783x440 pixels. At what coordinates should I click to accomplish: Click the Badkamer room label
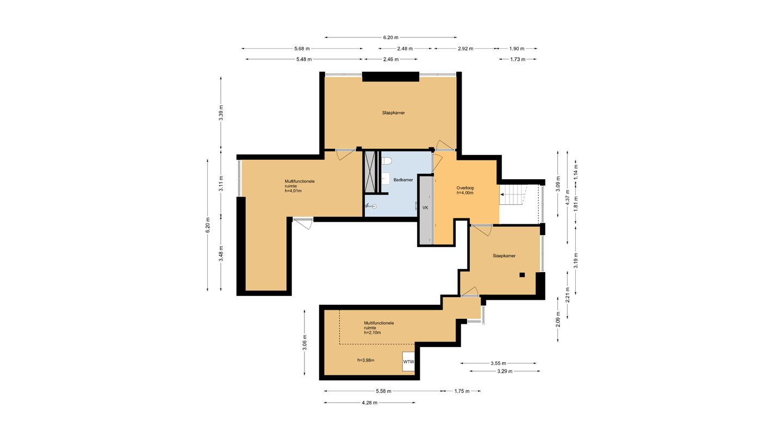tap(403, 180)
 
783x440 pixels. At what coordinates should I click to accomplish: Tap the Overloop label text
tap(465, 188)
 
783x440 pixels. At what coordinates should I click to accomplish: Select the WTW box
tap(408, 361)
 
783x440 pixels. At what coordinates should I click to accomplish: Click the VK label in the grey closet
tap(425, 208)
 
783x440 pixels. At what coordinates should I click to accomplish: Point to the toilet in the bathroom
tap(386, 161)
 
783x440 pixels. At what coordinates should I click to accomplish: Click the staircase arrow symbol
tap(502, 194)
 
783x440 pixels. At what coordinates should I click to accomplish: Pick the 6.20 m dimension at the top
tap(390, 37)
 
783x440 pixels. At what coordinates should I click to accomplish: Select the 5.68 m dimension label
tap(302, 48)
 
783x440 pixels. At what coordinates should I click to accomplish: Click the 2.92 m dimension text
tap(465, 48)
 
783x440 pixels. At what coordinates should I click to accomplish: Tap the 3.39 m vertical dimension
tap(221, 113)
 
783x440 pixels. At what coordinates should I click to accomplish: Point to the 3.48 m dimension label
tap(221, 254)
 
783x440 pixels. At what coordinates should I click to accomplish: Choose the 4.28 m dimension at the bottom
tap(370, 403)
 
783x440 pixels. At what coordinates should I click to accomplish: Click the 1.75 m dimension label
tap(462, 391)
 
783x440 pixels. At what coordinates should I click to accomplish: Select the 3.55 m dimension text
tap(498, 363)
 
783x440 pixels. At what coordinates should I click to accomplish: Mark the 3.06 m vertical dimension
tap(304, 343)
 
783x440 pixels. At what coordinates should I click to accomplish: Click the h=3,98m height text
tap(365, 360)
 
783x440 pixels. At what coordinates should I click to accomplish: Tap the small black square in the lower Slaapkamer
tap(522, 275)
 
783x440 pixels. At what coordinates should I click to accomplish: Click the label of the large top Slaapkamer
tap(394, 113)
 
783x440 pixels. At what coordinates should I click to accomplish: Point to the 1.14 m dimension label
tap(576, 172)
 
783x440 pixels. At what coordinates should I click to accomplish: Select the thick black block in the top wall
tap(390, 77)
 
